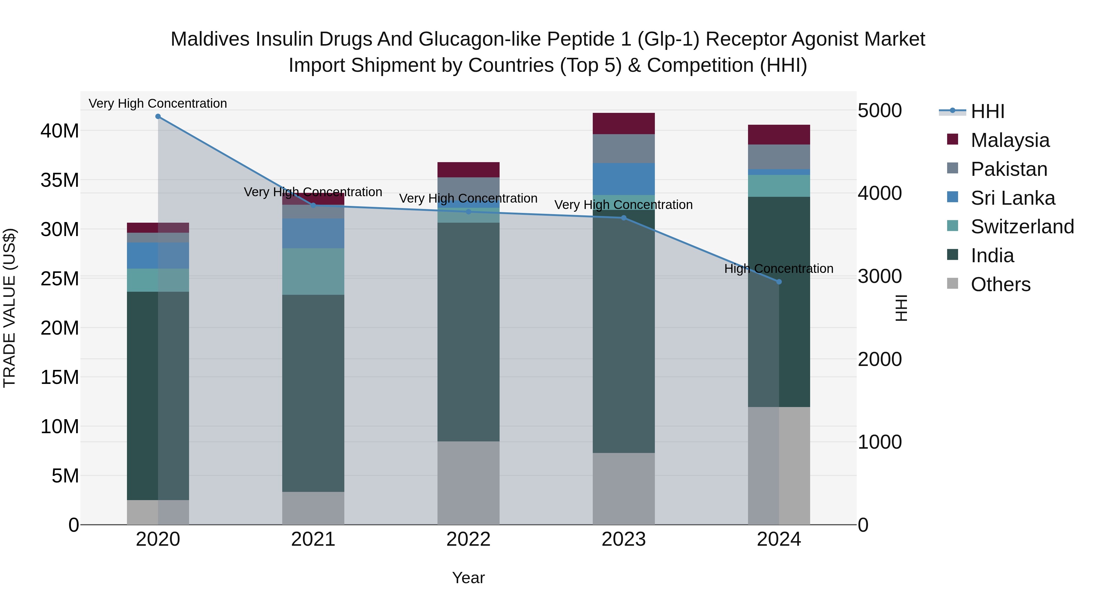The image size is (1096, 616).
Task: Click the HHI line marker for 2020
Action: click(x=158, y=117)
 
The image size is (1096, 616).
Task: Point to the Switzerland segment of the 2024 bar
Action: click(x=778, y=186)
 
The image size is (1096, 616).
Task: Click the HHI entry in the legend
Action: click(x=987, y=111)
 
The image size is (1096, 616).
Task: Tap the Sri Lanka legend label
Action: click(x=1013, y=198)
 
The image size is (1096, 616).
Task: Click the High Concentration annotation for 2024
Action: click(x=778, y=269)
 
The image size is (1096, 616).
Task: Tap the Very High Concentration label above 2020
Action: click(x=158, y=103)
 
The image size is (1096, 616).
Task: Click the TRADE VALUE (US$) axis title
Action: click(x=9, y=308)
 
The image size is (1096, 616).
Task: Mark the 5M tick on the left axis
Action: click(x=65, y=476)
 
